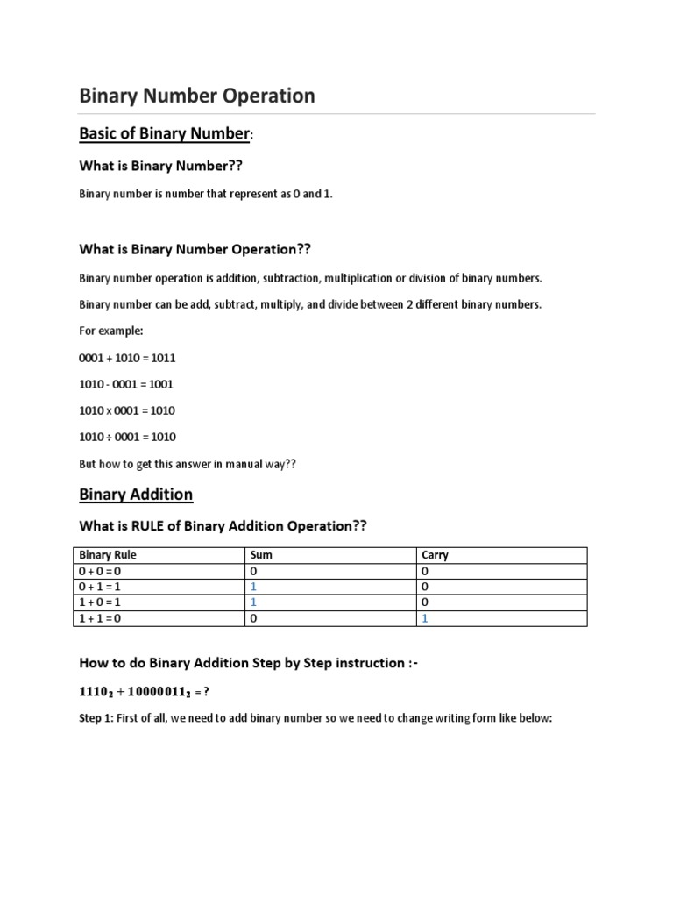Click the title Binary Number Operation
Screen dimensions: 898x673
click(x=197, y=96)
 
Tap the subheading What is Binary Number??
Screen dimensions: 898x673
click(x=160, y=165)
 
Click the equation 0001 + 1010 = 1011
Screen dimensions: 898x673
click(x=127, y=358)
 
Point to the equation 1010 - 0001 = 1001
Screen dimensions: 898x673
click(x=127, y=384)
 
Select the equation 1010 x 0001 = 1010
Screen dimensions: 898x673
click(x=127, y=410)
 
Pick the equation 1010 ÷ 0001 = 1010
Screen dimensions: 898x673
click(x=127, y=437)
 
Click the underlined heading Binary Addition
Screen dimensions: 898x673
click(x=136, y=495)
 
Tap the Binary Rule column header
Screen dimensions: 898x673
click(x=108, y=555)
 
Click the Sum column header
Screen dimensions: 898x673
click(x=262, y=555)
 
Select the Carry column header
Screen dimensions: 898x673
click(x=435, y=555)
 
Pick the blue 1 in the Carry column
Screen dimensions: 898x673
click(x=424, y=618)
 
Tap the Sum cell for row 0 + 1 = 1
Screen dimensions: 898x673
click(x=253, y=587)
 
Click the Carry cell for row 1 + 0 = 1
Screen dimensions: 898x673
click(x=424, y=602)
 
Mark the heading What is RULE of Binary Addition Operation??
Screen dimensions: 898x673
click(x=223, y=525)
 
